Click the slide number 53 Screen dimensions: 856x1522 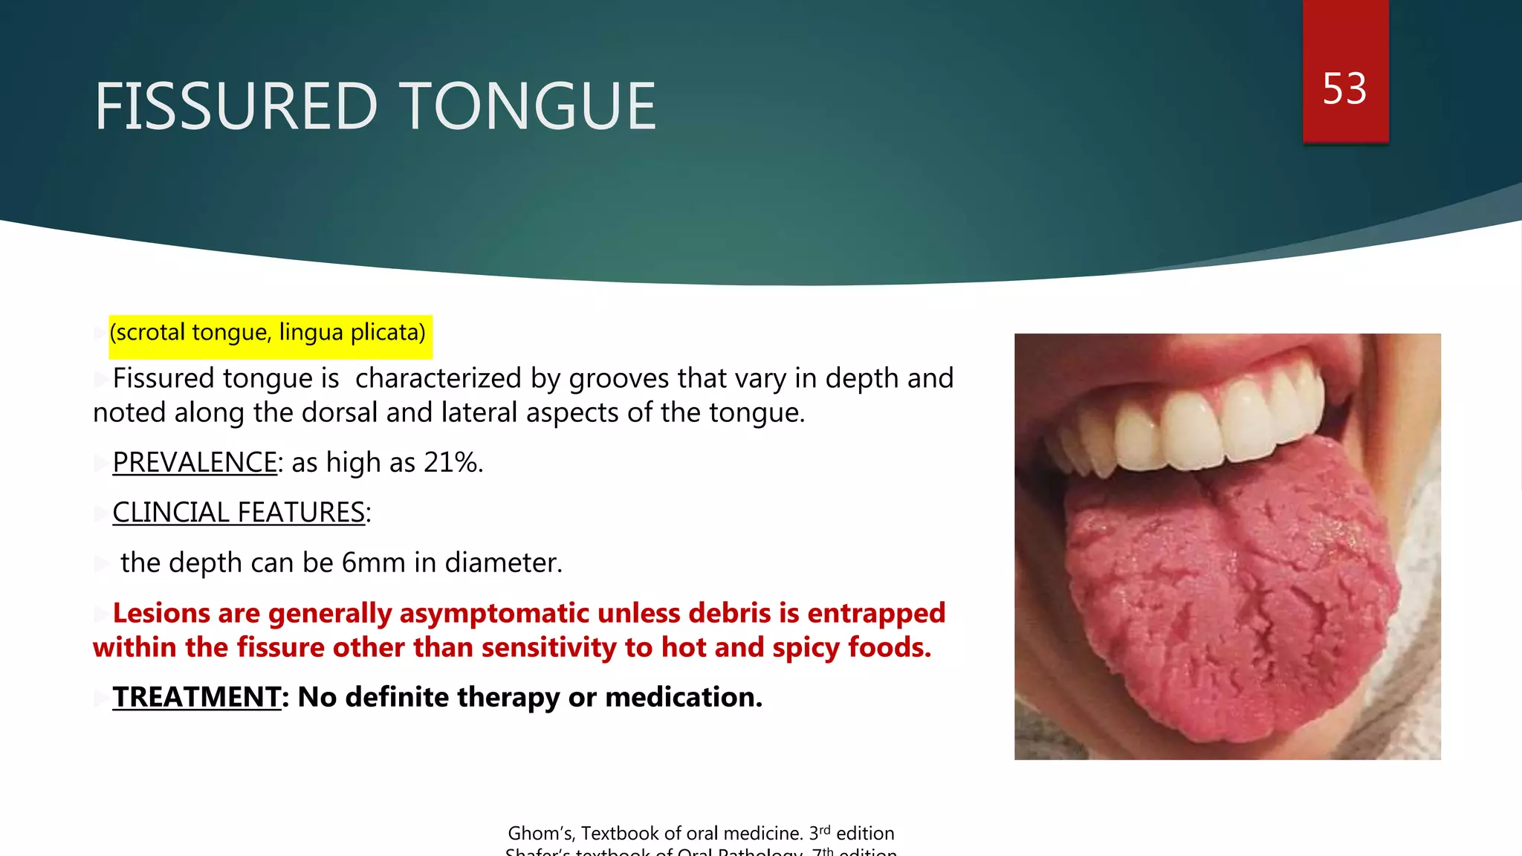1344,89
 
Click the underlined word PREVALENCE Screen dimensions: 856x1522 195,463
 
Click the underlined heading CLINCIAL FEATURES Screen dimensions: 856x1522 239,513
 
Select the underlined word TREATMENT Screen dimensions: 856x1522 196,698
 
